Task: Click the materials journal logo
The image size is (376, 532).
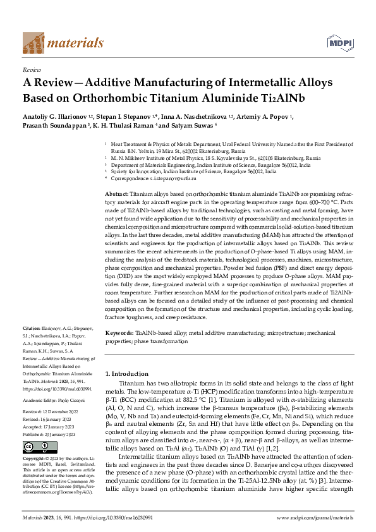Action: coord(63,42)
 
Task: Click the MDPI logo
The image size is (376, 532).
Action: coord(339,43)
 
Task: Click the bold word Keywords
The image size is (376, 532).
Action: coord(118,332)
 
